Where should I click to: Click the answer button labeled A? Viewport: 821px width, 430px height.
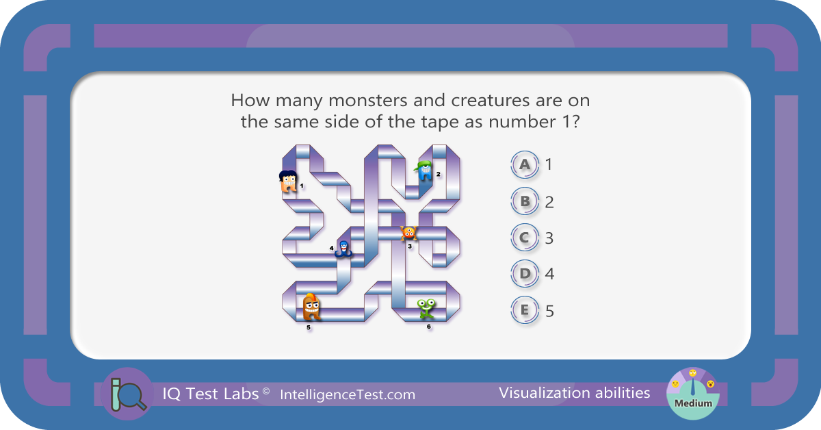coord(525,164)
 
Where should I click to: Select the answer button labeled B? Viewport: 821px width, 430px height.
coord(525,201)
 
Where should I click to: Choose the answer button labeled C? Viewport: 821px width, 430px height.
coord(525,238)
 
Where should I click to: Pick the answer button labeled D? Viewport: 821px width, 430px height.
coord(525,273)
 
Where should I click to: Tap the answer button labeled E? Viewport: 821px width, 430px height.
coord(525,309)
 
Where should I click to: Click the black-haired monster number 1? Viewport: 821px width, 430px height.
coord(289,181)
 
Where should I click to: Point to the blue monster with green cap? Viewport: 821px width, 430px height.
coord(424,170)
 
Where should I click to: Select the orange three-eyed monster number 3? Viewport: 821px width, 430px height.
coord(408,233)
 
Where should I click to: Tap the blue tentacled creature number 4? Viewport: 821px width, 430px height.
coord(343,249)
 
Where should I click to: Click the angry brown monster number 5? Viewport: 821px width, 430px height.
coord(311,307)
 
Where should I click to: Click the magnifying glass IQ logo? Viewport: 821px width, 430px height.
coord(127,394)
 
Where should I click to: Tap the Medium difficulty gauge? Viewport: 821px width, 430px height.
coord(692,394)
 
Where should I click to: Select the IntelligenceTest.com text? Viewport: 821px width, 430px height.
coord(348,395)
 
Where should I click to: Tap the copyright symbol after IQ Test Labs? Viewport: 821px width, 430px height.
coord(266,391)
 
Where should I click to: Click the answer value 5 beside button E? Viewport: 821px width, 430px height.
coord(549,311)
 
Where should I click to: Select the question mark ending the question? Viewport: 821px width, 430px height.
coord(576,122)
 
